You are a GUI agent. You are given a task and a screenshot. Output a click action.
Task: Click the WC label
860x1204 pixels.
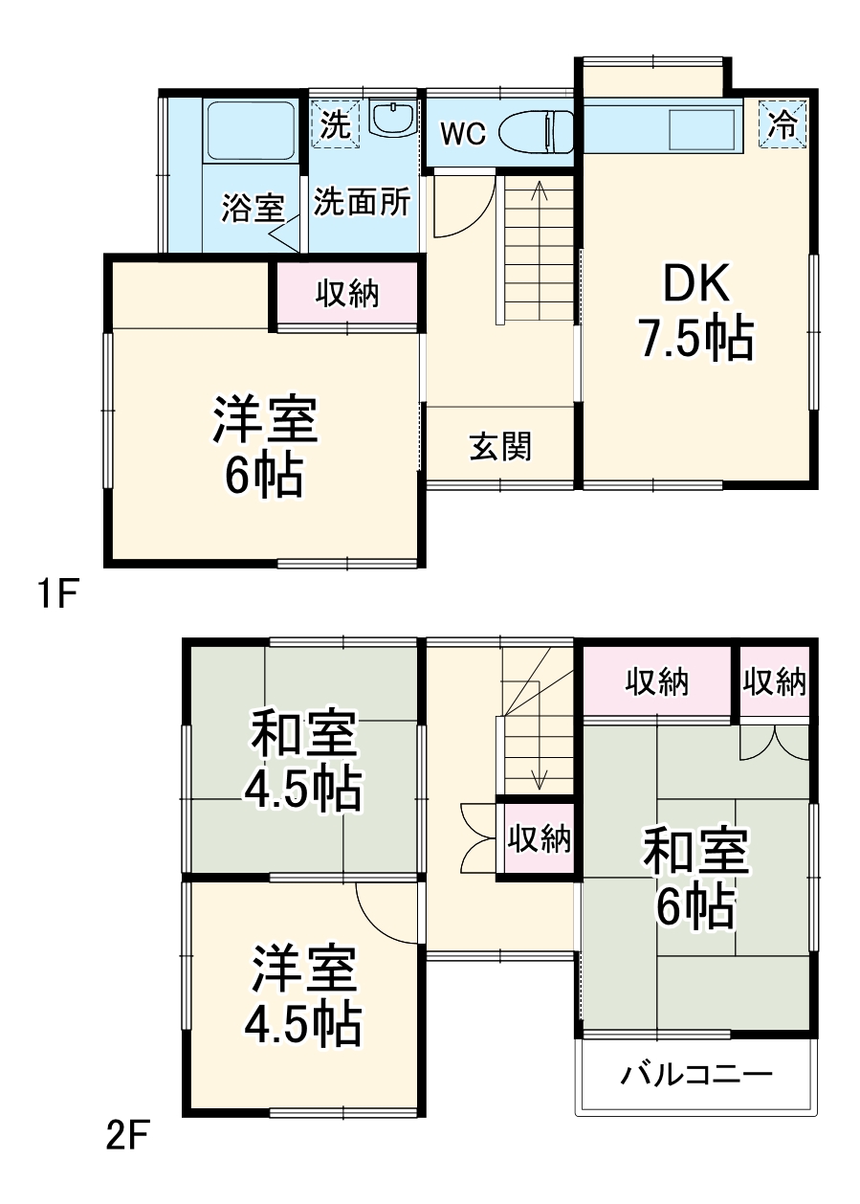pyautogui.click(x=462, y=134)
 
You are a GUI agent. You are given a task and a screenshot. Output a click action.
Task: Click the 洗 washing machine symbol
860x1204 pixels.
pyautogui.click(x=335, y=124)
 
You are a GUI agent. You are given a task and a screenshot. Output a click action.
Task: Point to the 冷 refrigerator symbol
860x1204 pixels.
pyautogui.click(x=783, y=125)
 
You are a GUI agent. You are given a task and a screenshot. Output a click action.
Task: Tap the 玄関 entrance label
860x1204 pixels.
pyautogui.click(x=499, y=446)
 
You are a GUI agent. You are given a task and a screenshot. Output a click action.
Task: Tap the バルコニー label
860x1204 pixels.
pyautogui.click(x=695, y=1075)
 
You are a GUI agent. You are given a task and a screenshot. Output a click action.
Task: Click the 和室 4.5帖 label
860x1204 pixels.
pyautogui.click(x=302, y=760)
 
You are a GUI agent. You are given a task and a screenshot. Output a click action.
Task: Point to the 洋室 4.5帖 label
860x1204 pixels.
pyautogui.click(x=302, y=996)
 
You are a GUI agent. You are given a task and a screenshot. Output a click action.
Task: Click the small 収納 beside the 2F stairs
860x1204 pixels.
pyautogui.click(x=539, y=839)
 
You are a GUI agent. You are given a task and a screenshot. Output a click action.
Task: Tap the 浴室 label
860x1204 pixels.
pyautogui.click(x=253, y=208)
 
